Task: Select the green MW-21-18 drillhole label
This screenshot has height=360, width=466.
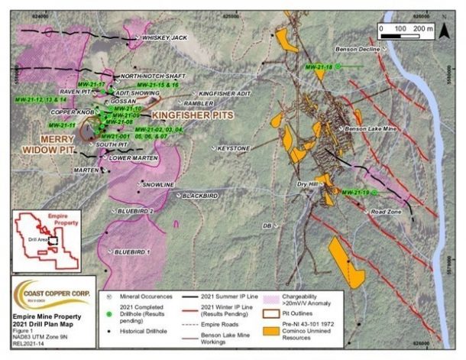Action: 319,67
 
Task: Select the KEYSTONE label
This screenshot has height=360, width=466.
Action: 233,148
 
